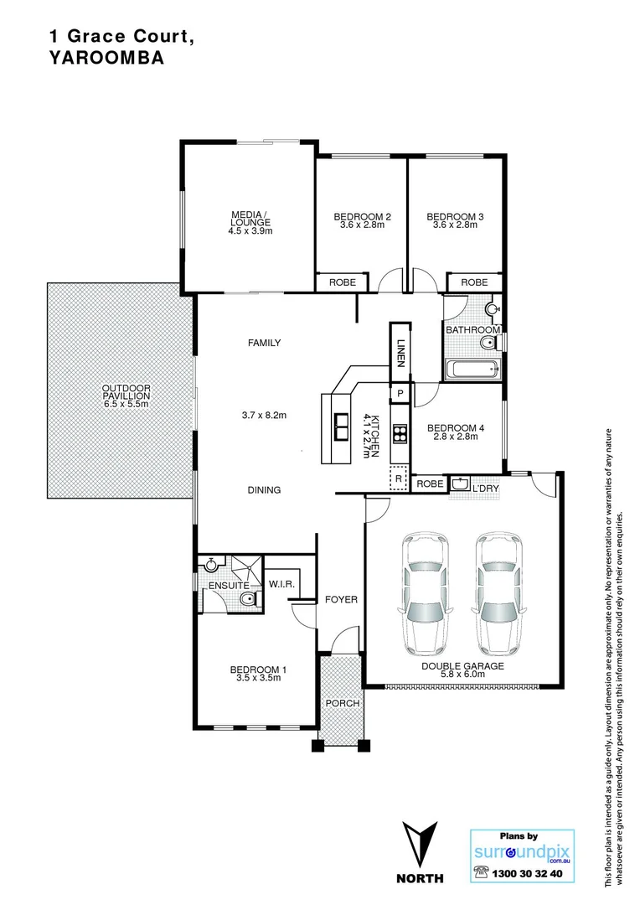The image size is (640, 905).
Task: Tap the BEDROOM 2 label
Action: click(362, 216)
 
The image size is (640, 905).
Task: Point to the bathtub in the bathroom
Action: click(472, 368)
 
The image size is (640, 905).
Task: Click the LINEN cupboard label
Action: click(401, 350)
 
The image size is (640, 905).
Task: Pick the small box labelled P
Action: click(400, 393)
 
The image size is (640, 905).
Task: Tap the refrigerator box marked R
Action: click(399, 478)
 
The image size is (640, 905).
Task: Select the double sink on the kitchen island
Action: click(343, 427)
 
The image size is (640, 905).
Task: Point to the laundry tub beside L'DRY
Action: click(460, 484)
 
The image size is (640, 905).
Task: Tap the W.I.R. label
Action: click(279, 585)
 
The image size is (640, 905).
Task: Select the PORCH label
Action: click(343, 703)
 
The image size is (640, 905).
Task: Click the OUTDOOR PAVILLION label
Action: click(126, 395)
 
